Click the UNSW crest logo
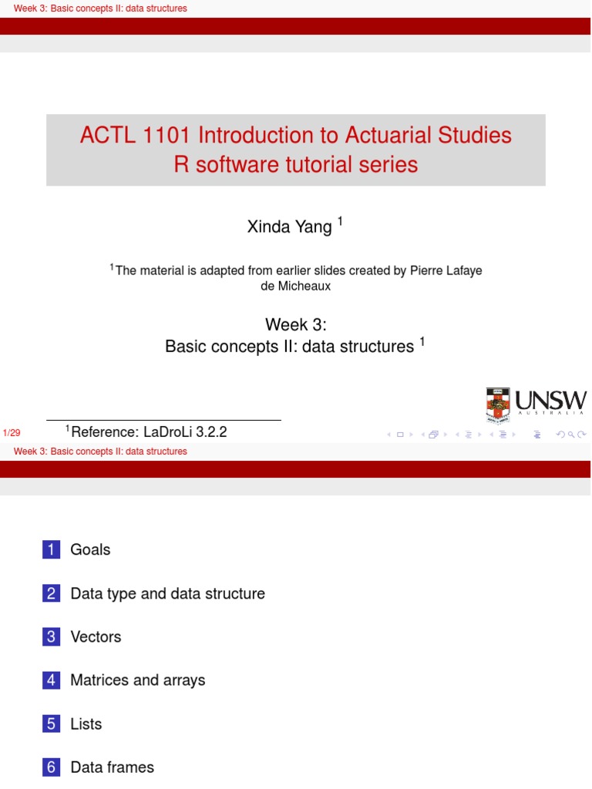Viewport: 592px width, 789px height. (497, 405)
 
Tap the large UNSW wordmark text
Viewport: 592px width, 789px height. (550, 401)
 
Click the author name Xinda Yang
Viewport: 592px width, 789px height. (289, 227)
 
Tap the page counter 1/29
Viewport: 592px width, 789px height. (12, 434)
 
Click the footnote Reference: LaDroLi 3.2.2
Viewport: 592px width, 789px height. (148, 432)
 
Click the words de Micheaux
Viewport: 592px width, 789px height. (296, 286)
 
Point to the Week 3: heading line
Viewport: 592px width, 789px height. (296, 324)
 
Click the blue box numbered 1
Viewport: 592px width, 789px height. (51, 549)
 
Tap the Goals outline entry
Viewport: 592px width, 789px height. (90, 549)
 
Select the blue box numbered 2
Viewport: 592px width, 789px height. (51, 593)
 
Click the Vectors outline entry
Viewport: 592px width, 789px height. (96, 636)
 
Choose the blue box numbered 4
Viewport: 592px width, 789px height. (51, 680)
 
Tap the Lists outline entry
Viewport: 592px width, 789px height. (86, 724)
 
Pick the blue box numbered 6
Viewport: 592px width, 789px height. (51, 767)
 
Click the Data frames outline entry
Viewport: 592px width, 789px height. (112, 767)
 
